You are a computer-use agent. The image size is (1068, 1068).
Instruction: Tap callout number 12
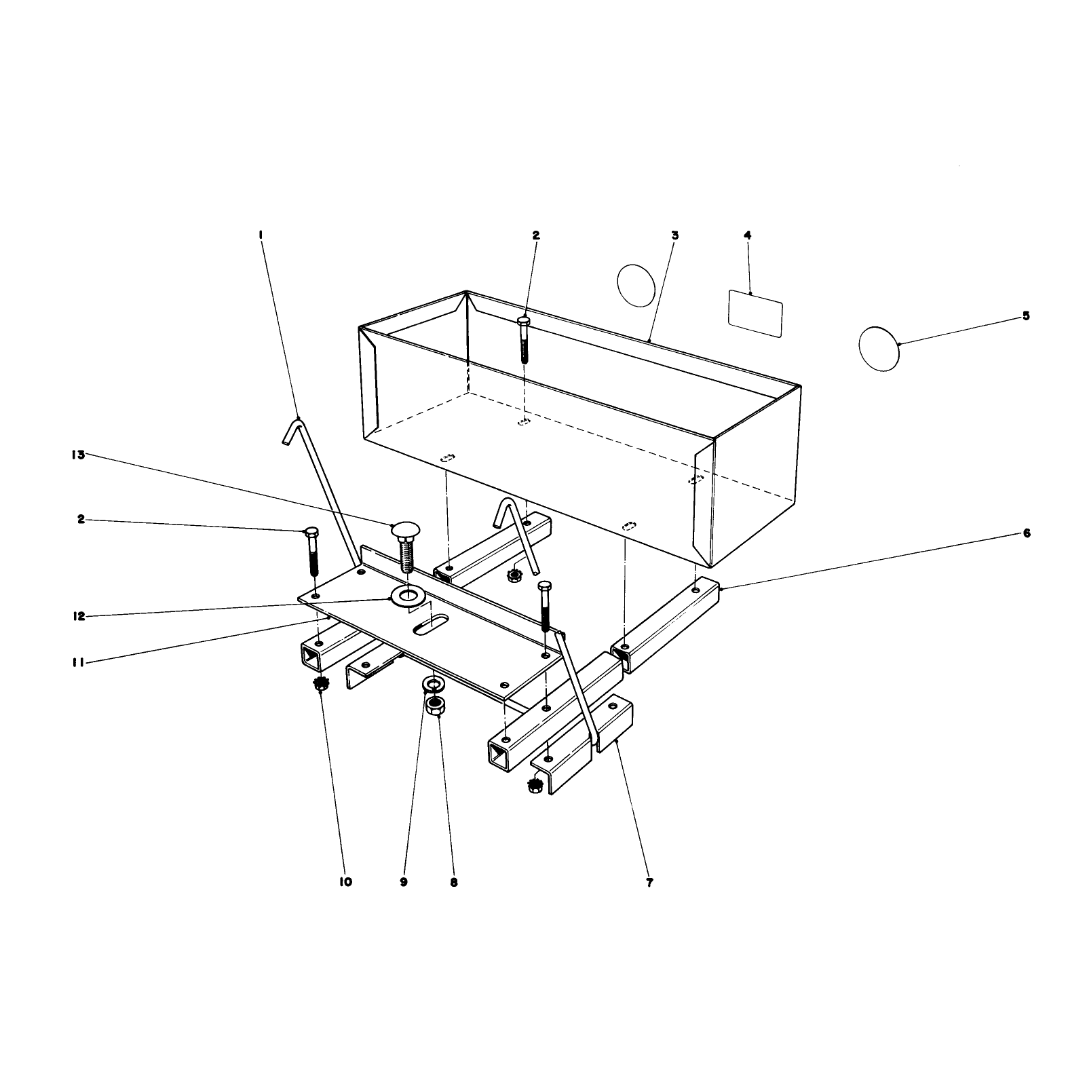[79, 616]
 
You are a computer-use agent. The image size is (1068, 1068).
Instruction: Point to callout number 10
[345, 882]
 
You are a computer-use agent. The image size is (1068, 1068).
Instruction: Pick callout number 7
[649, 883]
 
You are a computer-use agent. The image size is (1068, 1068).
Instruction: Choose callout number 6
[1027, 533]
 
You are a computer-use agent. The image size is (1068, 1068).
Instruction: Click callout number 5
[1026, 316]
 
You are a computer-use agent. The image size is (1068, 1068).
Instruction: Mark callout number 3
[675, 235]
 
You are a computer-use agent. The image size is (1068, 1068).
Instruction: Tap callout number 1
[261, 235]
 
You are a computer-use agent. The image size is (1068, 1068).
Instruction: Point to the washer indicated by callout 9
[433, 683]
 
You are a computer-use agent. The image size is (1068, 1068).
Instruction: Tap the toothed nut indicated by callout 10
[320, 684]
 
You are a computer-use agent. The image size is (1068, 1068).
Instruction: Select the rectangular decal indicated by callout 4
[755, 313]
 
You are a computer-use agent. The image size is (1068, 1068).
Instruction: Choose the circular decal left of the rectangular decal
[636, 285]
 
